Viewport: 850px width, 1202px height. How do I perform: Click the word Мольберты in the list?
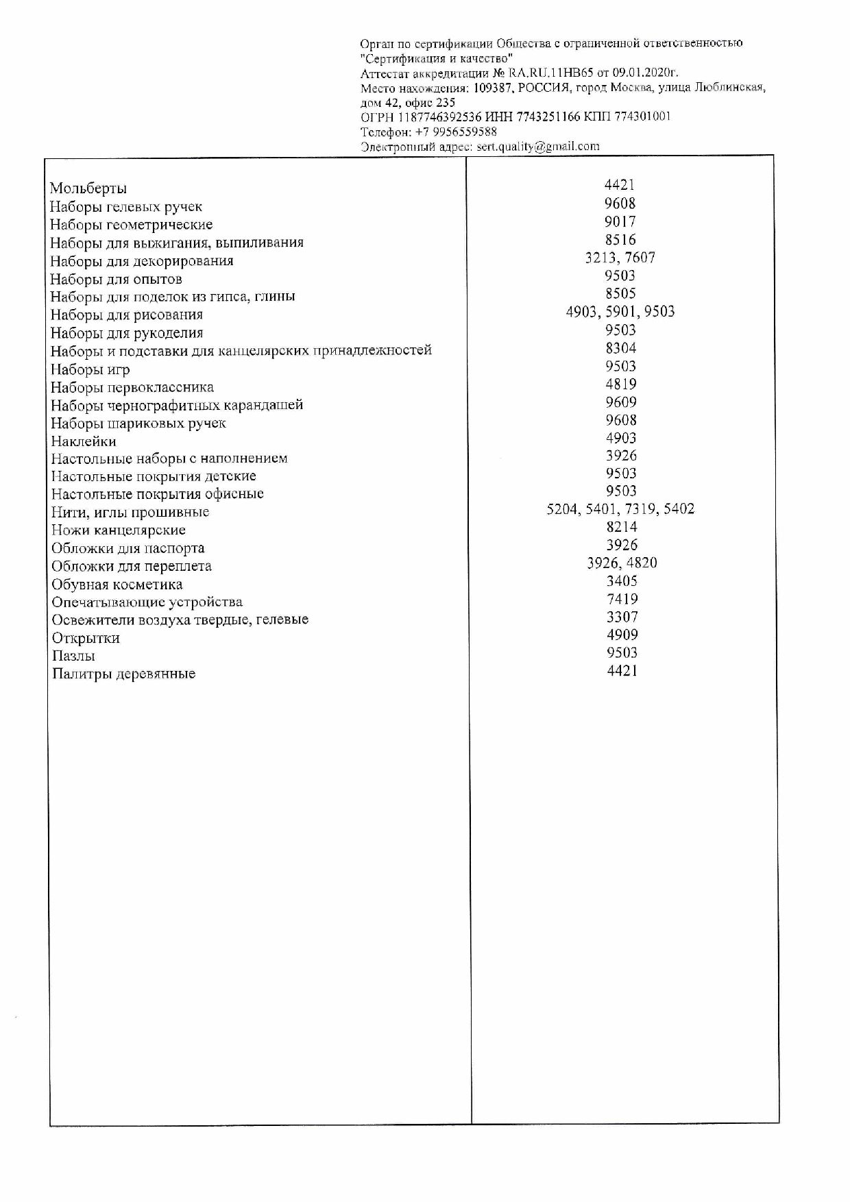click(x=88, y=188)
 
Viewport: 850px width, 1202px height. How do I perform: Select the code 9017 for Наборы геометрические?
click(x=620, y=221)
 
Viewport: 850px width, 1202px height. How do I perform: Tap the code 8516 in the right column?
click(x=620, y=240)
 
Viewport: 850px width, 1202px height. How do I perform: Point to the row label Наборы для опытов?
click(x=117, y=279)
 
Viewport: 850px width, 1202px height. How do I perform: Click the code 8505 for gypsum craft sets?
click(x=620, y=293)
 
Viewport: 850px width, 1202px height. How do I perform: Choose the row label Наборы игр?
click(x=90, y=369)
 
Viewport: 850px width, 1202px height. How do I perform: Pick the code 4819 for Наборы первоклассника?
click(x=620, y=384)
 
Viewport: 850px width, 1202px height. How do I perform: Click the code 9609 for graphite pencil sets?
click(x=620, y=402)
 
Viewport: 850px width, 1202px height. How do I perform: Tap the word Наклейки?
click(x=84, y=441)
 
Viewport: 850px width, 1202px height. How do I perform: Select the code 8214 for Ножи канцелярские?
click(x=621, y=527)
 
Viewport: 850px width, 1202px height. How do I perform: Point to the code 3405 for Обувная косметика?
click(x=622, y=581)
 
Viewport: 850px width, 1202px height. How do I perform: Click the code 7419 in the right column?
click(x=622, y=599)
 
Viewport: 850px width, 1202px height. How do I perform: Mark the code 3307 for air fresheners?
click(x=622, y=617)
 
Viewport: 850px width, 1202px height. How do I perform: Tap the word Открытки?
click(x=86, y=638)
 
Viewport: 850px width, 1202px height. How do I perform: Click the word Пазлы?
click(x=73, y=656)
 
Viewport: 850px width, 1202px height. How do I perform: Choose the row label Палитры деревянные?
click(x=124, y=674)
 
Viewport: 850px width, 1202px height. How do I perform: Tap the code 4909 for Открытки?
click(x=622, y=635)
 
